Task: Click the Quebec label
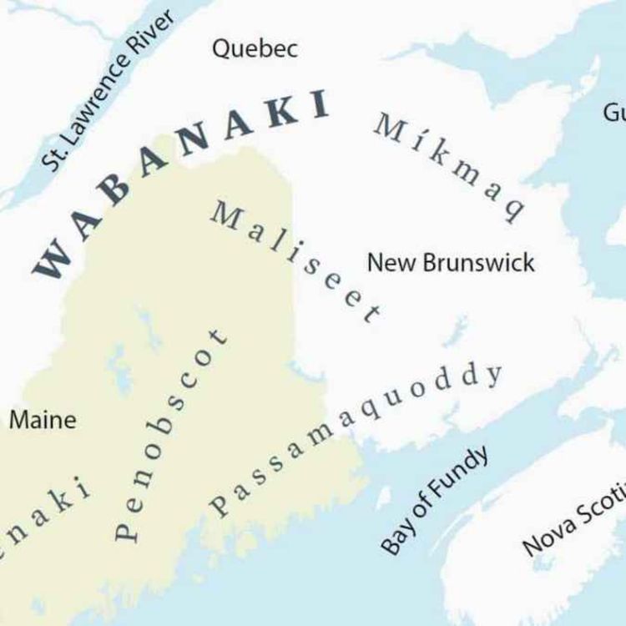255,48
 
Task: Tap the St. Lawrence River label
109,90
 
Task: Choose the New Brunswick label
451,263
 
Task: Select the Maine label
43,420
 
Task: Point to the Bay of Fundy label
434,501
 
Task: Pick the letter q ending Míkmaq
512,208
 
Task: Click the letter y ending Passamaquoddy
495,375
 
